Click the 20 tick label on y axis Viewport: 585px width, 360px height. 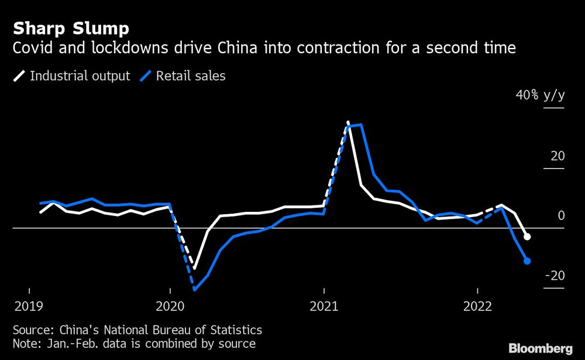point(558,156)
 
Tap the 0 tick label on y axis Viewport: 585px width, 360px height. point(561,216)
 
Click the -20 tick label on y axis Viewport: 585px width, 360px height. point(554,276)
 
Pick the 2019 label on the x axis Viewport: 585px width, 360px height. point(29,306)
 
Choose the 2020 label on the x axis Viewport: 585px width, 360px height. point(170,306)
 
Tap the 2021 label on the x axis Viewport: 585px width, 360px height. point(324,306)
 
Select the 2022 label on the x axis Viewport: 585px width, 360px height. point(478,306)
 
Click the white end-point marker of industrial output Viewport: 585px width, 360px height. point(527,236)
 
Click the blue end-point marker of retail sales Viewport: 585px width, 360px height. point(527,261)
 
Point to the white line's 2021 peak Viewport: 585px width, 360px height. point(348,122)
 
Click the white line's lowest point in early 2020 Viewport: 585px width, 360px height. point(195,269)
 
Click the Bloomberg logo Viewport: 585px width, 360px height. point(540,348)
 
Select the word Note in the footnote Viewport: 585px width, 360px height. point(25,344)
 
